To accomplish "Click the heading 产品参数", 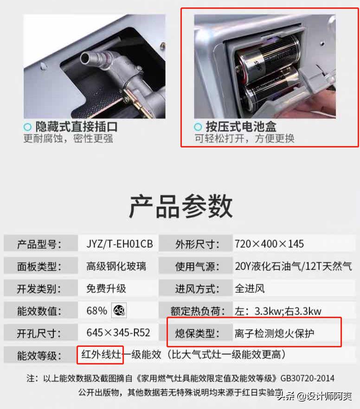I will (x=180, y=206).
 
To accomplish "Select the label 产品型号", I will (x=39, y=244).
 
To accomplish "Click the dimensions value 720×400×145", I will (x=269, y=244).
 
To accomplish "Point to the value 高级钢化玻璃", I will (x=116, y=266).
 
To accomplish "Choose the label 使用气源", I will (x=197, y=266).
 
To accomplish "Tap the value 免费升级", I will (x=106, y=288).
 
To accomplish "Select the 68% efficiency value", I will (x=96, y=311).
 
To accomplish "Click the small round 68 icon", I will (x=119, y=310).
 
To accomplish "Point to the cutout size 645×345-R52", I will (x=118, y=332).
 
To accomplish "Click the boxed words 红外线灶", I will (x=101, y=355).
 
